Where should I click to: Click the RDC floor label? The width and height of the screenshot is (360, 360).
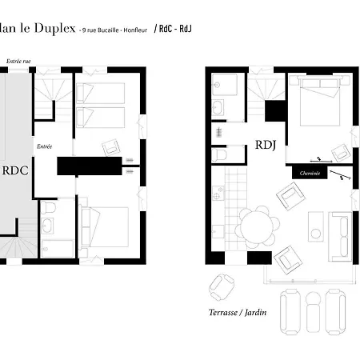pos(15,170)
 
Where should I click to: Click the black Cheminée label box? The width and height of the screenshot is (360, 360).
pos(310,173)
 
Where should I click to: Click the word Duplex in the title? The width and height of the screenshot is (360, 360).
pos(54,29)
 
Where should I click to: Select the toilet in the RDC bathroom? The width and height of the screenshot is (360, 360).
pos(48,210)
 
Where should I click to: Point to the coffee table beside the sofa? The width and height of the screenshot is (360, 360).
pos(316,226)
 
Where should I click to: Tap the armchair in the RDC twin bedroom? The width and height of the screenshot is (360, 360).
pos(110,146)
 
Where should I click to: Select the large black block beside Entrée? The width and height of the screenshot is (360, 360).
pos(89,166)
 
